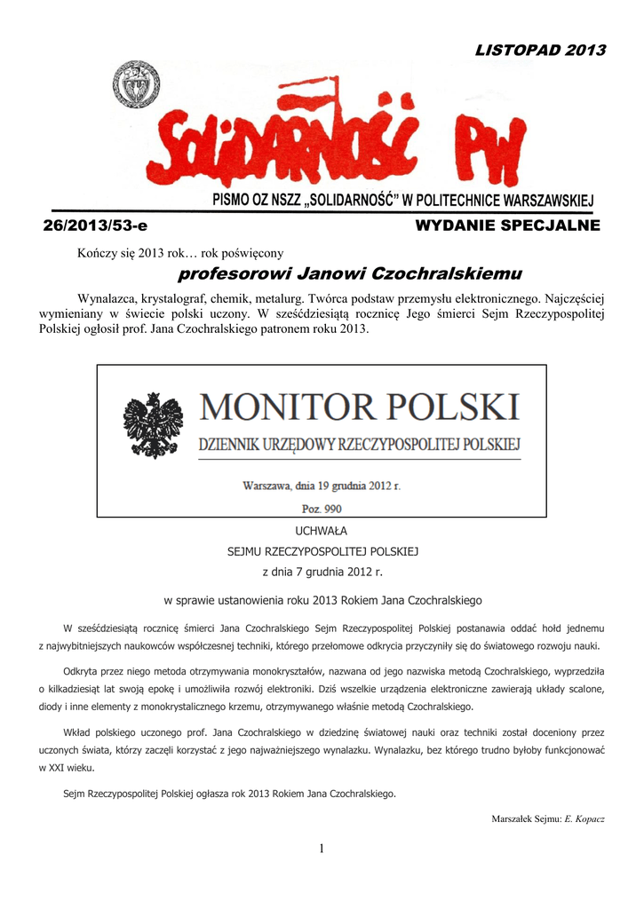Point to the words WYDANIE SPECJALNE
pos(507,226)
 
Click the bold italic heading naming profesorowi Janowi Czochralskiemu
pos(350,272)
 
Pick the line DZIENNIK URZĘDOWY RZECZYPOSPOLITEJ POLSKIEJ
pos(359,444)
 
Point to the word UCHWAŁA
pos(322,530)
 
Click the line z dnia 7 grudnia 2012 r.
pos(322,573)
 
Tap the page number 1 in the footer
pos(322,850)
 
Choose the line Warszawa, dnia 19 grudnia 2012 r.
pos(322,486)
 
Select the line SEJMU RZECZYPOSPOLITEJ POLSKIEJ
pos(322,551)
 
